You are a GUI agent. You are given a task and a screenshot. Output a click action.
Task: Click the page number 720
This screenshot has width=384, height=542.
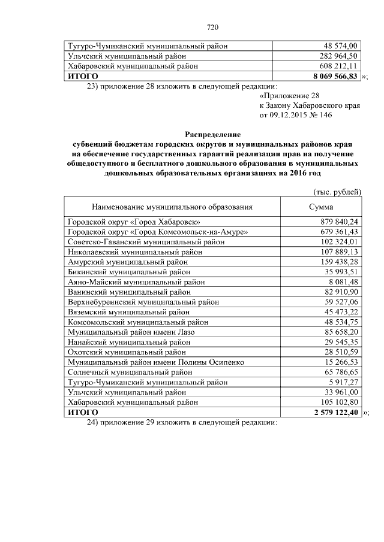coord(211,27)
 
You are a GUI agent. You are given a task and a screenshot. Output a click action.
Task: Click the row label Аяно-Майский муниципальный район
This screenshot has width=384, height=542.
coord(137,281)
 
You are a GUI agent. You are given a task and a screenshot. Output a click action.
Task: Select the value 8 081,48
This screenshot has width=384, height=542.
coord(343,281)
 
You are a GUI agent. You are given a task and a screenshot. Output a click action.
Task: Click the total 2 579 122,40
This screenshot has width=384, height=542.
coord(335,413)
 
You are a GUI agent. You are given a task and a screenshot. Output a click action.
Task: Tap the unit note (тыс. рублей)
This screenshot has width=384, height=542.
coord(337,192)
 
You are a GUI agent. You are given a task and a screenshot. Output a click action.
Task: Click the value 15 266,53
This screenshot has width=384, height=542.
coord(340,362)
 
